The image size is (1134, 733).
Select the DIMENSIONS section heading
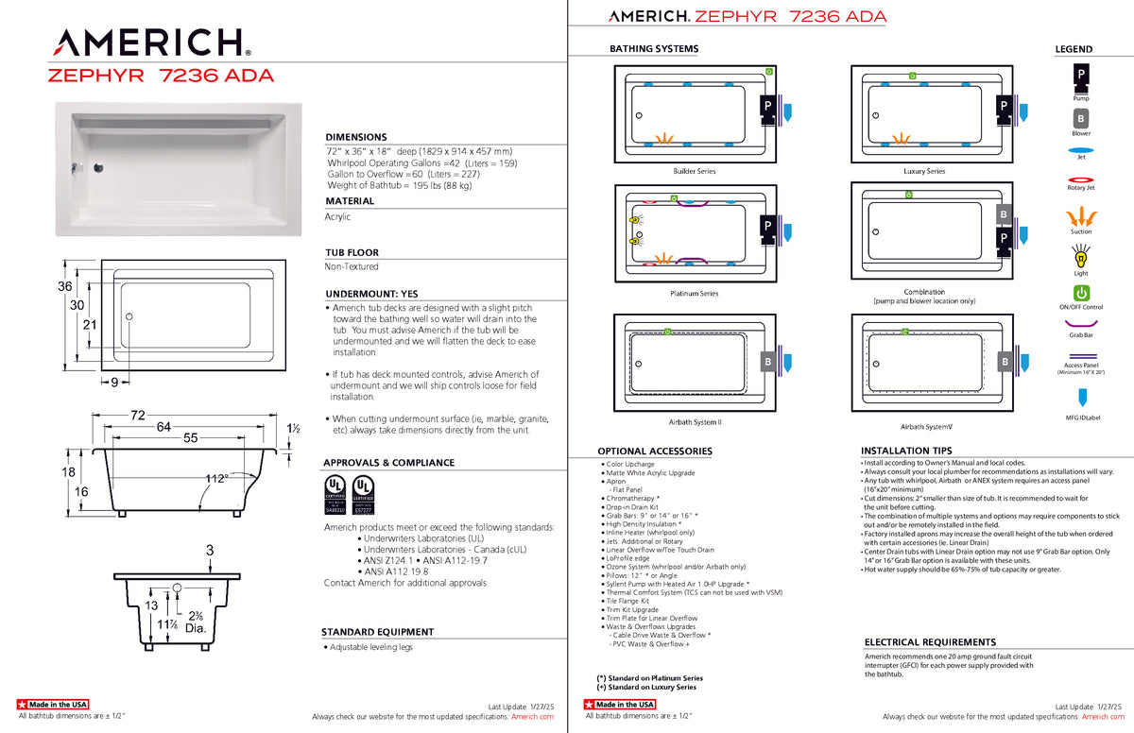[356, 137]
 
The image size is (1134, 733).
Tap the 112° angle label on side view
[218, 479]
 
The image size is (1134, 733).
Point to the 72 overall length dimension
[137, 416]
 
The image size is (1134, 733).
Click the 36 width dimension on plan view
[65, 287]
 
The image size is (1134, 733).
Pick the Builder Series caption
[695, 171]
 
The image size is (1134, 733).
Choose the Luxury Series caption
[923, 171]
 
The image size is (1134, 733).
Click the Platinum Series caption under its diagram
[695, 294]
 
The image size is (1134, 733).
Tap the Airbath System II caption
[695, 422]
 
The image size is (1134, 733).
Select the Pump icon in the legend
[1081, 74]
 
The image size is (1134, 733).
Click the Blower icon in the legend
[1081, 119]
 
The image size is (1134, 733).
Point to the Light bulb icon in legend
[1081, 256]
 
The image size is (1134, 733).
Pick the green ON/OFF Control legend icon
[1081, 293]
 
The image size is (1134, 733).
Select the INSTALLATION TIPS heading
[906, 451]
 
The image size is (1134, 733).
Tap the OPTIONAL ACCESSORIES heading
[655, 452]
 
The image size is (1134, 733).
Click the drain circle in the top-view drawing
[129, 315]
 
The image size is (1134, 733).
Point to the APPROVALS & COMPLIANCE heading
[388, 463]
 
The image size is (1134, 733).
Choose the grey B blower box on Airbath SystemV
[1005, 363]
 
